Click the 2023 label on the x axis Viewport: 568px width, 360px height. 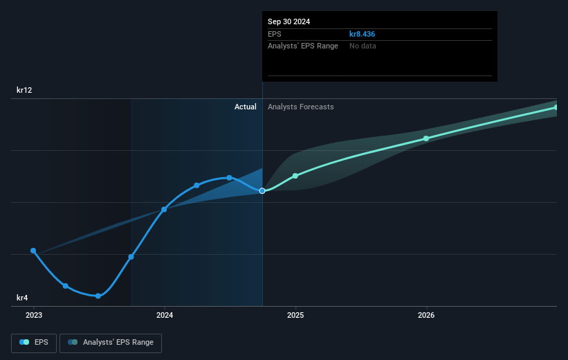click(x=33, y=315)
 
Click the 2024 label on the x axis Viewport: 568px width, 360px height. click(x=165, y=315)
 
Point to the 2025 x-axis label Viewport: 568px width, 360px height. click(x=295, y=315)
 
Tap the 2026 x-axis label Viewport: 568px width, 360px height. click(x=426, y=315)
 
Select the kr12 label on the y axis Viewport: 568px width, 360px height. click(x=25, y=90)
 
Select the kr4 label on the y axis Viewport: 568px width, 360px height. click(x=23, y=298)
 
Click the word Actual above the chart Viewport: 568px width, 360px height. click(x=245, y=107)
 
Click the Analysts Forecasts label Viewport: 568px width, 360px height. click(x=300, y=107)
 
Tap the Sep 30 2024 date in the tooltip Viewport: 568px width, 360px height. click(x=288, y=21)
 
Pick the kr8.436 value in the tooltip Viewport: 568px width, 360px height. click(x=362, y=34)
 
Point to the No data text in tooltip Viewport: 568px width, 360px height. click(x=363, y=46)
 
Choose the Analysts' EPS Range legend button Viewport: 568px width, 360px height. click(x=111, y=342)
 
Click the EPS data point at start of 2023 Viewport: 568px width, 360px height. click(x=33, y=251)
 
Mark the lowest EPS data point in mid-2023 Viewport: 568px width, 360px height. click(x=98, y=296)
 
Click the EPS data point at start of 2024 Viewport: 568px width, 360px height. click(x=165, y=209)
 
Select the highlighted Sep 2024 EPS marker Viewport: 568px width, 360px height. click(x=262, y=190)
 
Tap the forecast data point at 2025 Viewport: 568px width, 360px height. click(x=295, y=176)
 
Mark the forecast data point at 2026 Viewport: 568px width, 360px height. click(x=426, y=138)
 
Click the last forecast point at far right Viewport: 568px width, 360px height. click(x=556, y=107)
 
